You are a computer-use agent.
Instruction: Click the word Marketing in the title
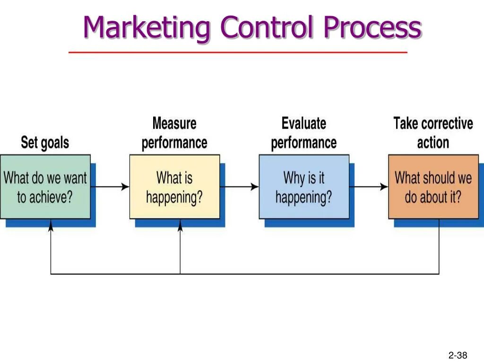click(146, 27)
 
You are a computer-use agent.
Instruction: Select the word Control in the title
click(267, 27)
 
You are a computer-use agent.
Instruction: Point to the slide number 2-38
click(458, 355)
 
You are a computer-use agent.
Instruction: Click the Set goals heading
click(45, 142)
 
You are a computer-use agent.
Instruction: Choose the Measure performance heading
click(174, 133)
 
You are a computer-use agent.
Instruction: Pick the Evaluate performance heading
click(304, 133)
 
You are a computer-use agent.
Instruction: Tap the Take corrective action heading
click(433, 133)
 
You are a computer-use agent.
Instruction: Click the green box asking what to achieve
click(45, 187)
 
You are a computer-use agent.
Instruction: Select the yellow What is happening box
click(174, 187)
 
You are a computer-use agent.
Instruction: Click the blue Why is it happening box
click(304, 187)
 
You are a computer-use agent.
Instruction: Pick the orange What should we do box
click(433, 187)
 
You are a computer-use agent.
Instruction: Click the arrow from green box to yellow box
click(110, 187)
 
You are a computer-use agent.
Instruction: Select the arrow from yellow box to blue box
click(240, 187)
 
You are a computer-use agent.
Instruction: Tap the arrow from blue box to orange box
click(369, 187)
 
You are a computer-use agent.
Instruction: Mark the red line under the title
click(238, 52)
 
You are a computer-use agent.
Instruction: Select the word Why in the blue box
click(293, 178)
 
